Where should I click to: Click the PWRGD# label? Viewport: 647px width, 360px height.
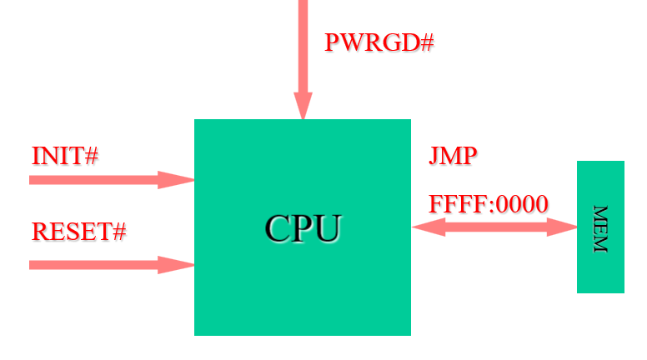coord(379,42)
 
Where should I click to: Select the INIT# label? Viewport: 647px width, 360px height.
coord(65,156)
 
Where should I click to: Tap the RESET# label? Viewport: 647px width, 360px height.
coord(78,231)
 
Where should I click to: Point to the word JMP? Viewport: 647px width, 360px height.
coord(453,156)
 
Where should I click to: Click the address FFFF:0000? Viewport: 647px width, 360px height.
coord(488,204)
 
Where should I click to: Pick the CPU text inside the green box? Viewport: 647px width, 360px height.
coord(303,228)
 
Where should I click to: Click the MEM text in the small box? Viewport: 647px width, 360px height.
coord(599,227)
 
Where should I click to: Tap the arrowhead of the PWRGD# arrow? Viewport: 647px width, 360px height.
coord(303,106)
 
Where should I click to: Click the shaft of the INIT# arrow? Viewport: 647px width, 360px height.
coord(92,179)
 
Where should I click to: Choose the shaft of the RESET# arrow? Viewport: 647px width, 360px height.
coord(92,265)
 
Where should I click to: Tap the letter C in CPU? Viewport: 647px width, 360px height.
coord(278,228)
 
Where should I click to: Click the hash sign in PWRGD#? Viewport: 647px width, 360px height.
coord(426,42)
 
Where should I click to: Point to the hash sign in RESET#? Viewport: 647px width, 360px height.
coord(118,231)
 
